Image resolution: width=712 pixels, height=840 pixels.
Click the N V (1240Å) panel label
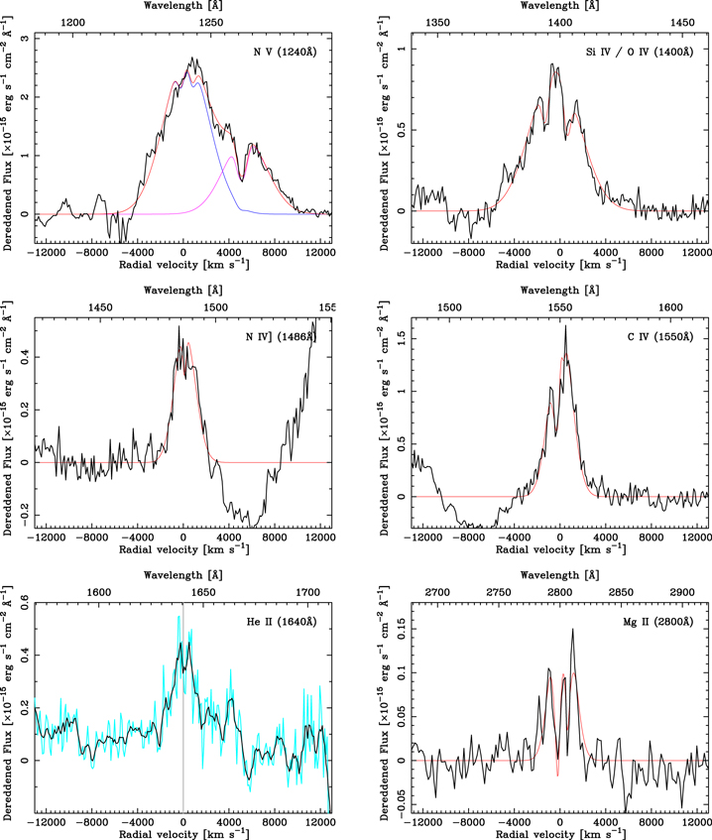[285, 52]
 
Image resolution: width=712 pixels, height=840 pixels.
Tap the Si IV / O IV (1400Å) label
[640, 52]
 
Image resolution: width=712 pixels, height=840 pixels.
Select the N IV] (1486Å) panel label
[282, 337]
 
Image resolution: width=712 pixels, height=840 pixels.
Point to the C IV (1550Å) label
[660, 337]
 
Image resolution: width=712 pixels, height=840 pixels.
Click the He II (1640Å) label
[282, 622]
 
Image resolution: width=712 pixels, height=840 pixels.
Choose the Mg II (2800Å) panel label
[658, 622]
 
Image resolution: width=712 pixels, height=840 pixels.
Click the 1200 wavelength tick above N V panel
[72, 23]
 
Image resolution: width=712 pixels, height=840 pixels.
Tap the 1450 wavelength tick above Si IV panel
[682, 23]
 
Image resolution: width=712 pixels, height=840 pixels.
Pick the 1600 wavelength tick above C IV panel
[670, 307]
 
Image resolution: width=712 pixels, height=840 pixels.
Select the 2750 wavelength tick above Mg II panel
[498, 592]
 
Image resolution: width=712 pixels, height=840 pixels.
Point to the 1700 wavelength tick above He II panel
[308, 592]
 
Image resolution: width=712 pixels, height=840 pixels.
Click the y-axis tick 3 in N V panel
[24, 38]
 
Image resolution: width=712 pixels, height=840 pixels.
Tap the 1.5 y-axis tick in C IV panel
[401, 338]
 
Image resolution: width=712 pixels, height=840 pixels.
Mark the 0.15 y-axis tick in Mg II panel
[401, 629]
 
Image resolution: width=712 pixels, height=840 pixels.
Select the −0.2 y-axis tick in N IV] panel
[24, 516]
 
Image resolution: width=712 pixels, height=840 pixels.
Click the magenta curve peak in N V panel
[231, 157]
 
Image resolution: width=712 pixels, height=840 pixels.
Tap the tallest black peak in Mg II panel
[573, 629]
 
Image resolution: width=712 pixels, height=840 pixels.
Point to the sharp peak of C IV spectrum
[565, 326]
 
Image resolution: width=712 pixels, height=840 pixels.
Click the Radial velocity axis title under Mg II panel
[560, 834]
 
